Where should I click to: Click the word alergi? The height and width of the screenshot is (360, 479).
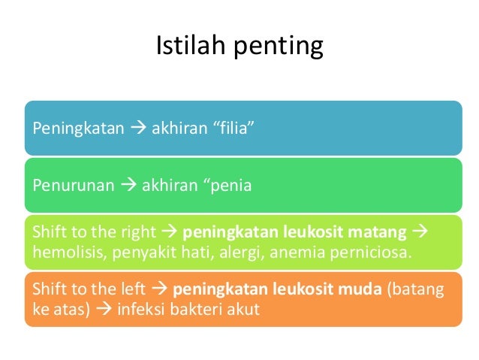coord(239,250)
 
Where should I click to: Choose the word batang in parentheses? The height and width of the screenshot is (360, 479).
coord(417,289)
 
